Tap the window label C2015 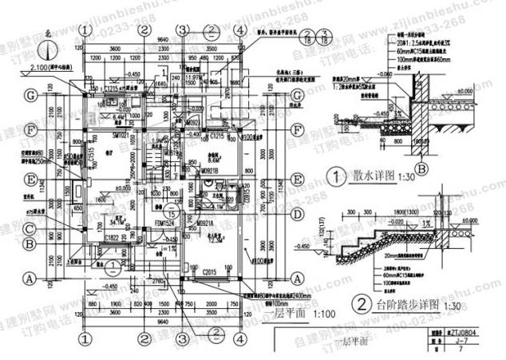(211, 273)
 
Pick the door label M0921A (208, 223)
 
